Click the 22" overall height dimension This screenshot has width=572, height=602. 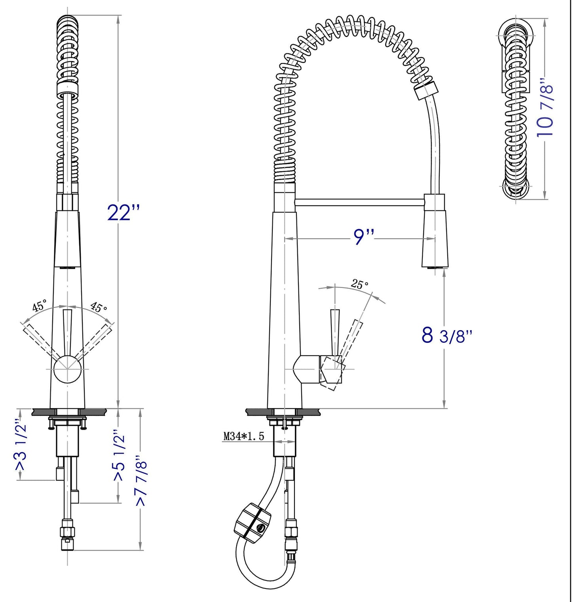coord(124,213)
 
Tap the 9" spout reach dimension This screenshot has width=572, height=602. coord(363,237)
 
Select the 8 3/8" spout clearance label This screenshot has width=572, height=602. coord(447,335)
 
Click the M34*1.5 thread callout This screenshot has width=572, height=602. coord(243,437)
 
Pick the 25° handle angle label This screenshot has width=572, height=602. coord(359,284)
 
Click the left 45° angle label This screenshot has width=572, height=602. coord(40,306)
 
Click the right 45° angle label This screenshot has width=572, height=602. coord(99,307)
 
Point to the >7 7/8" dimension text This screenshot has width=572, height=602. coord(141,483)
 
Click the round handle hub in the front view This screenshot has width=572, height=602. coord(67,369)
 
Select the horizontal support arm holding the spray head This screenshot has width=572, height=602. coord(359,203)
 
